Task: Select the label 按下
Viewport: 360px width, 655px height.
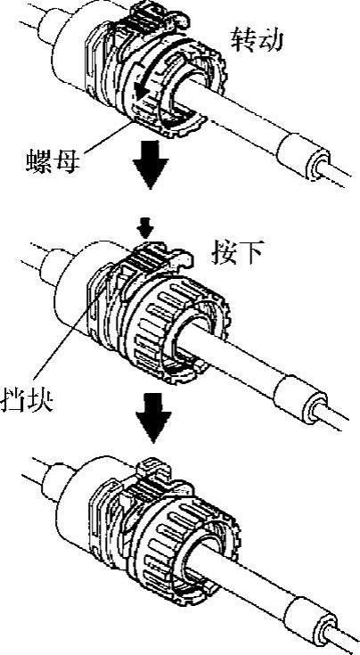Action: [237, 252]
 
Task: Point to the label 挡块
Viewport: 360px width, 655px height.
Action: [27, 399]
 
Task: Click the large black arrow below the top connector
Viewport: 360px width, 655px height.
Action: [151, 165]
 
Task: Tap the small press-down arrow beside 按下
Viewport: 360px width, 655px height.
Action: [147, 228]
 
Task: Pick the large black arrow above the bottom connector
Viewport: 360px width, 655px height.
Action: [153, 418]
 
